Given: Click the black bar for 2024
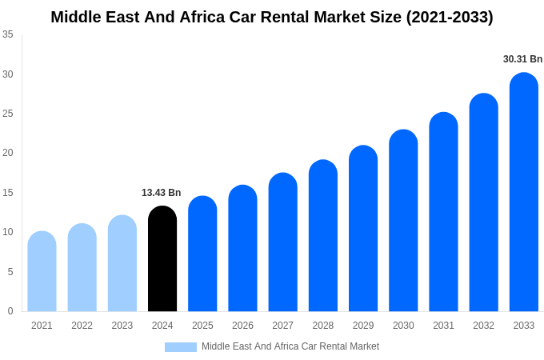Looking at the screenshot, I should pyautogui.click(x=162, y=259).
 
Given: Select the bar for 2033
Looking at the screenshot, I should pyautogui.click(x=524, y=192).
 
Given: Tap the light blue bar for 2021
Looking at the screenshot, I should pyautogui.click(x=42, y=272).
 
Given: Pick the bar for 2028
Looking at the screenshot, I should pyautogui.click(x=323, y=236).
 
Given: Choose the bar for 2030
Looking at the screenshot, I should pyautogui.click(x=403, y=221).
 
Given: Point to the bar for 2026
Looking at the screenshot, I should pyautogui.click(x=242, y=249).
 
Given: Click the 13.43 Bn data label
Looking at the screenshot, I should pyautogui.click(x=162, y=193).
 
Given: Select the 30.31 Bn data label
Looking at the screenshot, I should pyautogui.click(x=522, y=59).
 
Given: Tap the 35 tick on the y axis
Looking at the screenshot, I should pyautogui.click(x=8, y=34).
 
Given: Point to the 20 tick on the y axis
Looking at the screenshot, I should pyautogui.click(x=8, y=153).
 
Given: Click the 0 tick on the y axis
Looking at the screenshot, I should pyautogui.click(x=10, y=311).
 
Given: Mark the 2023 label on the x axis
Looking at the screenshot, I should pyautogui.click(x=122, y=326).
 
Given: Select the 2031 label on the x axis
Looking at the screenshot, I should pyautogui.click(x=443, y=326).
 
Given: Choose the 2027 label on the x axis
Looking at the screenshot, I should pyautogui.click(x=282, y=326).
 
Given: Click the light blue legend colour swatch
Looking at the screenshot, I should pyautogui.click(x=180, y=347).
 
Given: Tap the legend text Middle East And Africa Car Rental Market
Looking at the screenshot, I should pyautogui.click(x=290, y=346).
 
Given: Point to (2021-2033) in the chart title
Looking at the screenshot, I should pyautogui.click(x=450, y=17).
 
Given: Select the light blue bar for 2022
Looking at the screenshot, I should pyautogui.click(x=82, y=268).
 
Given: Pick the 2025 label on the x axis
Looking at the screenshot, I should pyautogui.click(x=202, y=326).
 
